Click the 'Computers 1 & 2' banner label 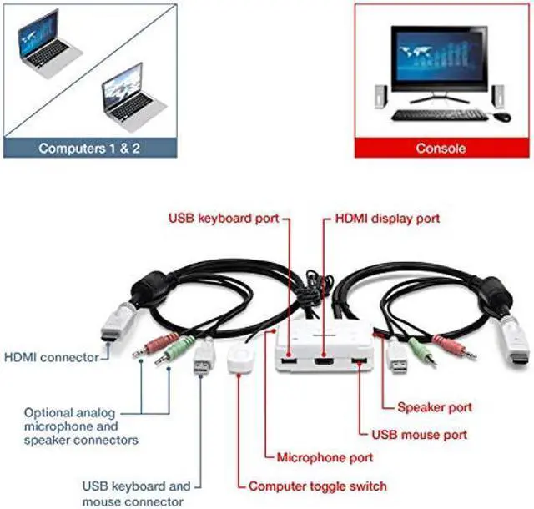point(90,149)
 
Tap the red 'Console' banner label point(440,149)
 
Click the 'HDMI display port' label point(386,219)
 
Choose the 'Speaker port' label point(434,408)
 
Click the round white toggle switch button point(239,360)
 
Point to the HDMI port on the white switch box point(323,363)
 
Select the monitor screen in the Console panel point(441,66)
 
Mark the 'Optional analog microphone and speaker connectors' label point(81,426)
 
